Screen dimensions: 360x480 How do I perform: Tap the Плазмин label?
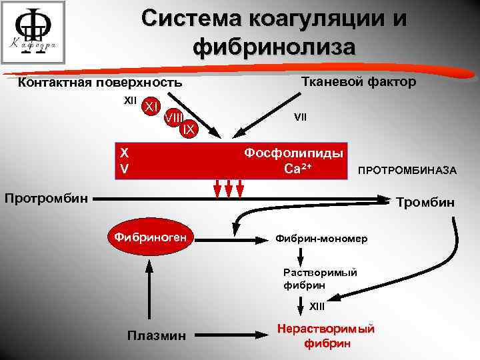(x=157, y=333)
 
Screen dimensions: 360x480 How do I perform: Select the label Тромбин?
(x=425, y=202)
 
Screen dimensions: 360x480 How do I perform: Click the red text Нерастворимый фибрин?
(x=326, y=336)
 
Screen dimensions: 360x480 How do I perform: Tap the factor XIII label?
(x=317, y=306)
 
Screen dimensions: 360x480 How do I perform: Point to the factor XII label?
(x=131, y=101)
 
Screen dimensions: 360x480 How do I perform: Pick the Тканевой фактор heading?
(x=359, y=81)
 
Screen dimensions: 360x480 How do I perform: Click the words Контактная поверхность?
(x=99, y=83)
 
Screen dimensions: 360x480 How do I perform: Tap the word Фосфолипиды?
(x=294, y=153)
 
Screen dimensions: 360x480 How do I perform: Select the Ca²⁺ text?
(x=298, y=169)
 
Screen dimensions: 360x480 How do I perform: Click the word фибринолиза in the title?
(x=273, y=47)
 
